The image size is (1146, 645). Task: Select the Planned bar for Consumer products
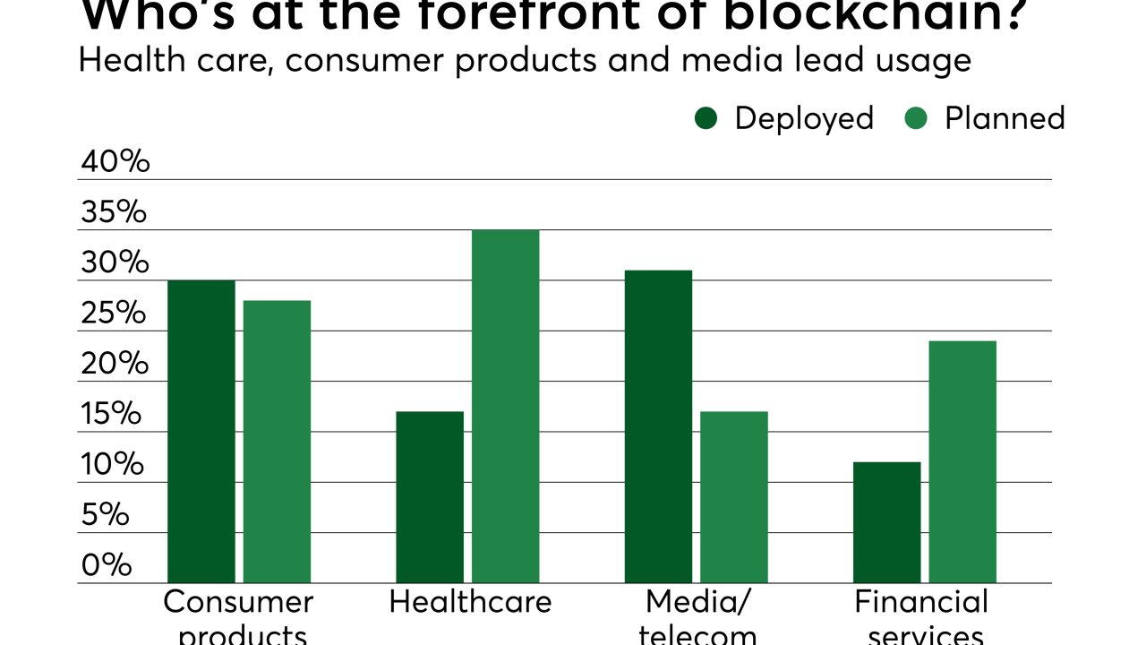[x=277, y=442]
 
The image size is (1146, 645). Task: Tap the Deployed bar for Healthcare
[x=430, y=497]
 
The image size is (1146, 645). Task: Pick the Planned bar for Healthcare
[x=506, y=407]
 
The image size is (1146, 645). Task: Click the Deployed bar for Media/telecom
[x=658, y=426]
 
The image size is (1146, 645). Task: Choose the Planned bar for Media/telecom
[x=734, y=497]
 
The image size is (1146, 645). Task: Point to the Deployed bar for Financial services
[x=886, y=522]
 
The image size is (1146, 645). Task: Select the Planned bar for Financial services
[x=962, y=462]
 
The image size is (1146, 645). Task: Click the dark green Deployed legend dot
[x=706, y=118]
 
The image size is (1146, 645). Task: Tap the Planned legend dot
[x=916, y=118]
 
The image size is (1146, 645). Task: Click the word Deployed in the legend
[x=804, y=118]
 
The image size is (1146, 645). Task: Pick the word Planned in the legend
[x=1005, y=118]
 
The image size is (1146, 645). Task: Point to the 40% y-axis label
[x=115, y=162]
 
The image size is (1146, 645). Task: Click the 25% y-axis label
[x=113, y=314]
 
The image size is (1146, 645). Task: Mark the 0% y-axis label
[x=107, y=565]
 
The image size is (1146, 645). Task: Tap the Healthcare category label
[x=470, y=602]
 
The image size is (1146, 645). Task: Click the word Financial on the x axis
[x=921, y=602]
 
